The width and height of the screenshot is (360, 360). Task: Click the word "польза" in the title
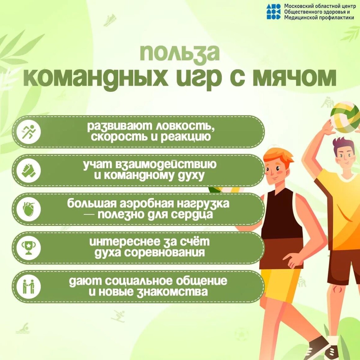click(x=180, y=53)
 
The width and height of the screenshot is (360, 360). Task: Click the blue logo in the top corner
click(x=273, y=11)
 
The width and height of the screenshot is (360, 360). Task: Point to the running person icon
click(x=29, y=132)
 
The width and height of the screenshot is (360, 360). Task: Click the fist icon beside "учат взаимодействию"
click(x=29, y=171)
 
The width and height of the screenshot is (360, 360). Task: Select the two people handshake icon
click(x=29, y=286)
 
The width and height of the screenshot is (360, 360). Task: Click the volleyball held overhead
click(x=345, y=118)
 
